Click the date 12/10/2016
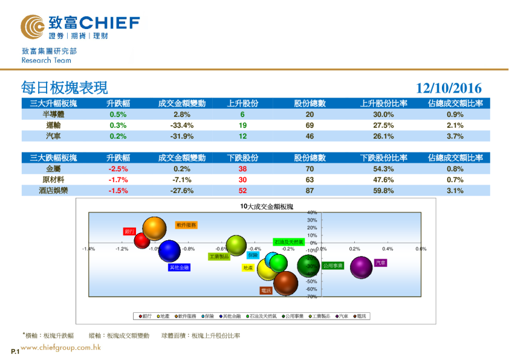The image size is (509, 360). (449, 88)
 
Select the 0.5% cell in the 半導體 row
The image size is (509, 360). (118, 114)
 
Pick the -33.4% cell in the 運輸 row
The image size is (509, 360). (181, 125)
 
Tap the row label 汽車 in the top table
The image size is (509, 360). (53, 136)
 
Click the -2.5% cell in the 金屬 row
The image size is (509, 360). (118, 169)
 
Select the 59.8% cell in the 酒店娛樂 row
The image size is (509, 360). (384, 191)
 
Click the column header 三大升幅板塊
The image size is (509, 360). (53, 103)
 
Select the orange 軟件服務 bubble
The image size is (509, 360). (154, 229)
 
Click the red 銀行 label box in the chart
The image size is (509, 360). (129, 231)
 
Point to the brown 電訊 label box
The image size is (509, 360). (266, 290)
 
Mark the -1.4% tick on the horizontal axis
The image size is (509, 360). (88, 249)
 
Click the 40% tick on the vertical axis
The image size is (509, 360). (313, 213)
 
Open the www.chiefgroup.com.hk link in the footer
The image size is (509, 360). (60, 347)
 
